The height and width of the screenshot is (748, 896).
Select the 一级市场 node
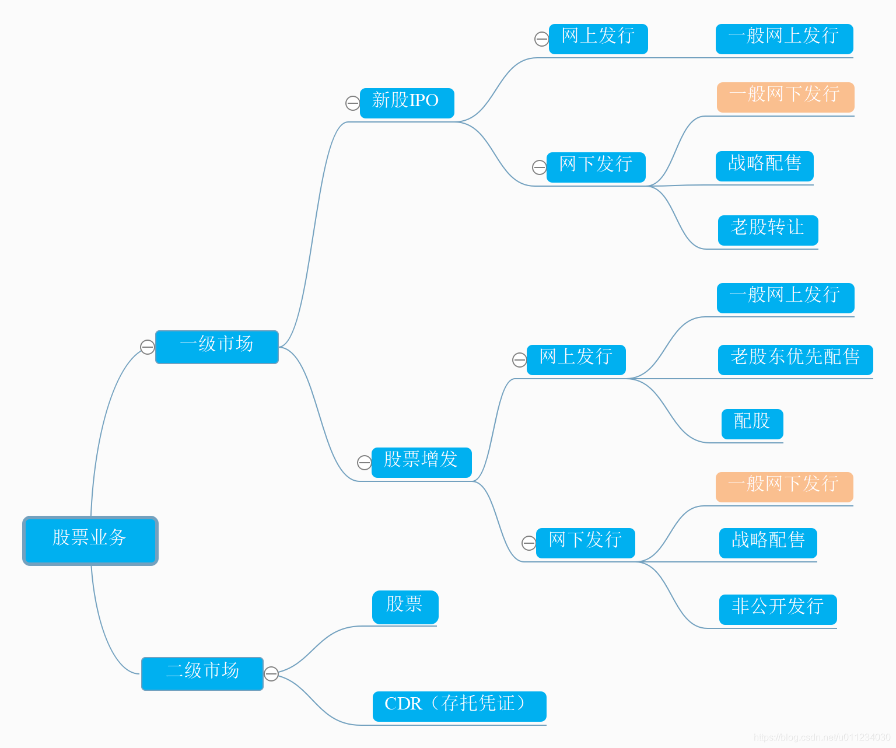[x=217, y=347]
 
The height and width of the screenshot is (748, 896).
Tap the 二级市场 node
[x=202, y=673]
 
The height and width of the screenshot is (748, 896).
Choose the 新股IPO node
[x=407, y=103]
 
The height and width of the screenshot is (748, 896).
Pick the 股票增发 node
[x=421, y=462]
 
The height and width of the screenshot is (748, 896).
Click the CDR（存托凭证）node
[x=459, y=706]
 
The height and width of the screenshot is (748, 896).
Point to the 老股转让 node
[x=768, y=230]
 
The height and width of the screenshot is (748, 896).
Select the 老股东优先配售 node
[x=795, y=359]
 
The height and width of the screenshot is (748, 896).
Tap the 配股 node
[x=752, y=424]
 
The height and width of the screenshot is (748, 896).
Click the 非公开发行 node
[x=778, y=609]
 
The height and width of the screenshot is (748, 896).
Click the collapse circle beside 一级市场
[x=148, y=347]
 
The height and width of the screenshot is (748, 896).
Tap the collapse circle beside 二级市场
[x=271, y=674]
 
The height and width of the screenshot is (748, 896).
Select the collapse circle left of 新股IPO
[x=353, y=103]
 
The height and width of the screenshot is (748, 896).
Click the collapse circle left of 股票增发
[x=365, y=463]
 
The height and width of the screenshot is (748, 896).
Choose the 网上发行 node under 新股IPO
[x=598, y=39]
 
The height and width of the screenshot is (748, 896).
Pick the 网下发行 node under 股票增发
[x=585, y=543]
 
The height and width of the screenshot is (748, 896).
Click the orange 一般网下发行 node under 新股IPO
[x=785, y=97]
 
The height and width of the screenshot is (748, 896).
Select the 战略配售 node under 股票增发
[x=768, y=543]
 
